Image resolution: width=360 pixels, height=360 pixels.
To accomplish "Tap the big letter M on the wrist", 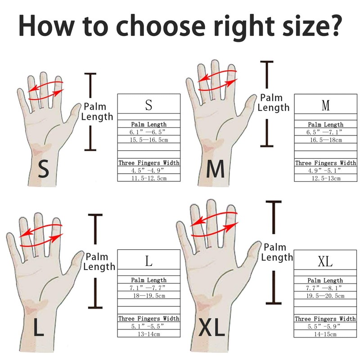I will coord(215,170).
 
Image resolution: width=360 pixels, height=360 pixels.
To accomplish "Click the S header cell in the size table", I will coord(149,106).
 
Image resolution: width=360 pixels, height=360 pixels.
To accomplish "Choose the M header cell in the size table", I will coord(326,106).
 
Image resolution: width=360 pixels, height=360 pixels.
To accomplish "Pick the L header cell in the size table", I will coord(149,261).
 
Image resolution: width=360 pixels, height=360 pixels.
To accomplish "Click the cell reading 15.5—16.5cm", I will coord(149,140).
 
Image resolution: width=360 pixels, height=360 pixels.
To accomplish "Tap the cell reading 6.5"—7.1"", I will coord(326,132).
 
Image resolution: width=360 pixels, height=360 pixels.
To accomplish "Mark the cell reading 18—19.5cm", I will coord(149,295).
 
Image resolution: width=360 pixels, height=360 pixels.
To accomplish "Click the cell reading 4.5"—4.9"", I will coord(149,171).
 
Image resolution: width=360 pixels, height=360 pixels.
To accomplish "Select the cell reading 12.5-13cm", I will coord(326,178).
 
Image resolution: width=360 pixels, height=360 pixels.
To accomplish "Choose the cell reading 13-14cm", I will coord(149,333).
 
